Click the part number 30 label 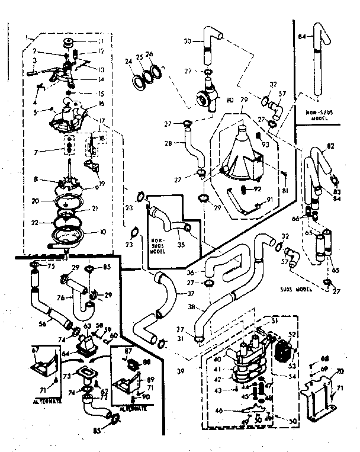pos(188,41)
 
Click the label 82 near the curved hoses pos(331,147)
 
